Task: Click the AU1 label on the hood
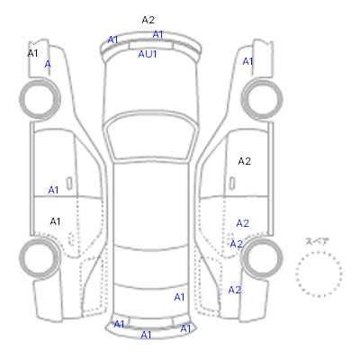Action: click(148, 54)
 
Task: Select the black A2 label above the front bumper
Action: click(148, 20)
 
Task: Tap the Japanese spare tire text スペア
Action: click(317, 241)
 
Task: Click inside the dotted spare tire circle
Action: click(319, 274)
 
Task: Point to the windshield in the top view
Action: click(151, 138)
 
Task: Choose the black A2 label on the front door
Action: click(244, 161)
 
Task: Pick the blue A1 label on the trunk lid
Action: click(179, 297)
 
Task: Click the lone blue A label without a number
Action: click(48, 64)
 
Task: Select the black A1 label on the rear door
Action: click(55, 221)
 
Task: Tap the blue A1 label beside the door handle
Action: click(53, 190)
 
